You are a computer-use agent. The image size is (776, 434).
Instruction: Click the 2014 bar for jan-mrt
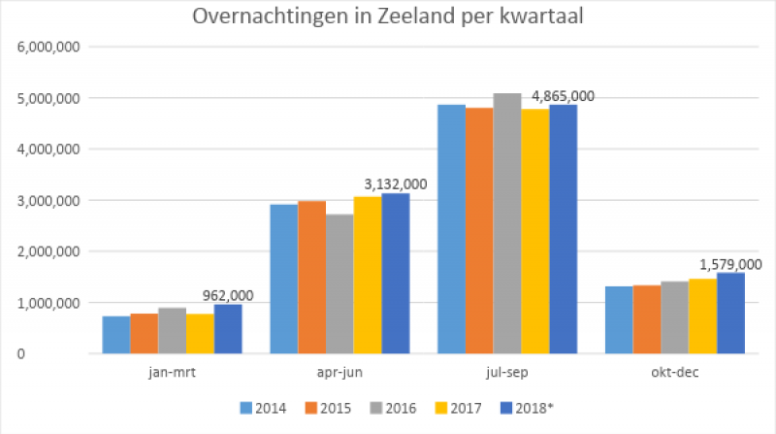[x=116, y=335]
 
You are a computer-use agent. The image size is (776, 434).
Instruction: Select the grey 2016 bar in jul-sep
[x=507, y=223]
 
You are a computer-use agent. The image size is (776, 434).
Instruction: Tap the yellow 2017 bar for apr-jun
[x=368, y=275]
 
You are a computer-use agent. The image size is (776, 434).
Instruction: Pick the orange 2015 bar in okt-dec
[x=647, y=319]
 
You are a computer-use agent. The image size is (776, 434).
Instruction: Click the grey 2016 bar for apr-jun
[x=339, y=284]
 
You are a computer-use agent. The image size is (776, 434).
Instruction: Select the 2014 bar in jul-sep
[x=451, y=229]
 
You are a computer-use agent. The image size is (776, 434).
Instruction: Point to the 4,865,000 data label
[x=560, y=95]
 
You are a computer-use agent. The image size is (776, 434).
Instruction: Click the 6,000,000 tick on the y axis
[x=51, y=47]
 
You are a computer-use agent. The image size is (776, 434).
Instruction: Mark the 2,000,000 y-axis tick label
[x=51, y=251]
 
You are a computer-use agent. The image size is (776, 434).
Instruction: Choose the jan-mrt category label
[x=172, y=372]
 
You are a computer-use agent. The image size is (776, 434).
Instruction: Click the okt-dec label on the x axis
[x=674, y=372]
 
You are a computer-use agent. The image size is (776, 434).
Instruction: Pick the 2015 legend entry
[x=342, y=407]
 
